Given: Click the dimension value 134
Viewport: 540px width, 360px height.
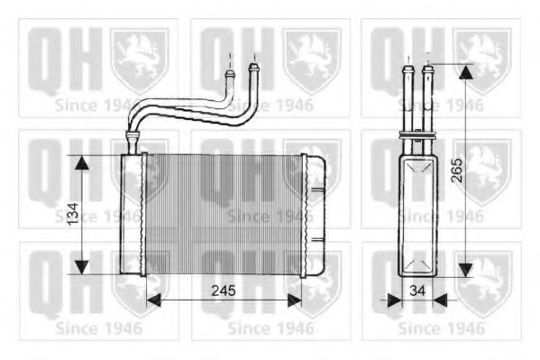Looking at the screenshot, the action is [x=73, y=214].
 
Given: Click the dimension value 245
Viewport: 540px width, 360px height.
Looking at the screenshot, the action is [x=224, y=291].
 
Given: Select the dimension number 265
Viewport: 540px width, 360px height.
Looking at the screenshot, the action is [x=457, y=170].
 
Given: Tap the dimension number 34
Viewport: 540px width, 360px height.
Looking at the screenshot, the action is [x=417, y=291].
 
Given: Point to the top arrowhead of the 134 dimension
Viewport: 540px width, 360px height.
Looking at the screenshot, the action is [x=82, y=162].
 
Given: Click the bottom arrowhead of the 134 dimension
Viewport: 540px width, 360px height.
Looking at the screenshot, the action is [x=82, y=267].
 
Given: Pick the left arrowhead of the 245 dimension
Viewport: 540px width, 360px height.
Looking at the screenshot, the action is [x=153, y=300].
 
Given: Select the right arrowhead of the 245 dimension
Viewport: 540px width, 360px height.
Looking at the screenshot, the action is [x=295, y=300].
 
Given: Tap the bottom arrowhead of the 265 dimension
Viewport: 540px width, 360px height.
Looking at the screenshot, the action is [x=465, y=270].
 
